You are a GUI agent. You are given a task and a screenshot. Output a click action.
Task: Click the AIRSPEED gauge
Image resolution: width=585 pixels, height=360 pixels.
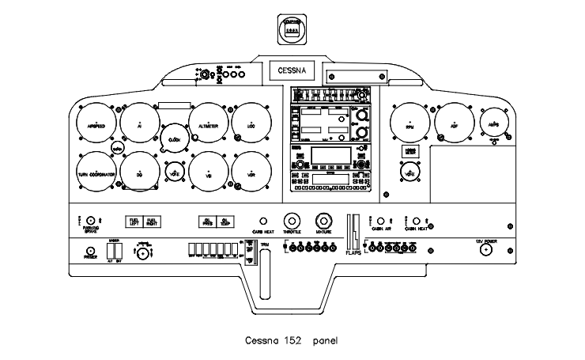click(x=98, y=125)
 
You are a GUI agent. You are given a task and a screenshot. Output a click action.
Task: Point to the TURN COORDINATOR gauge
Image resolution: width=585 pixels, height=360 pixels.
click(x=98, y=172)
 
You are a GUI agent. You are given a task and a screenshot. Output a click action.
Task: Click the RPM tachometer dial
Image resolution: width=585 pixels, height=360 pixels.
click(x=410, y=125)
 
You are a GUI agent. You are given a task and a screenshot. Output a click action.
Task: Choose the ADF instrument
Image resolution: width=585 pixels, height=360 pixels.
click(x=455, y=125)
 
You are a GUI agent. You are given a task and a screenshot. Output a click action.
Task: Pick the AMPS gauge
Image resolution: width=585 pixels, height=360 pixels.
click(x=495, y=125)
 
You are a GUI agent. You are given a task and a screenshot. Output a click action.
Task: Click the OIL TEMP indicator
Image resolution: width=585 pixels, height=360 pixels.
click(x=226, y=222)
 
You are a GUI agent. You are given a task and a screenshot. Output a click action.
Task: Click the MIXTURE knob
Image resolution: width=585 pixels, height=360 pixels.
click(x=323, y=221)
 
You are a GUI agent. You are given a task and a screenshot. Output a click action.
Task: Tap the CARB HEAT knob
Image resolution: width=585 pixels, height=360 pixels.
click(x=262, y=222)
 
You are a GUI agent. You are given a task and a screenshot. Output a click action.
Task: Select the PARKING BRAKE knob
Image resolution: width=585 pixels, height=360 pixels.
click(x=90, y=221)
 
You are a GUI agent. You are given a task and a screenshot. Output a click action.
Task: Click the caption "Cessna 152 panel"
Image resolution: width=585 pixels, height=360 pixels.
click(x=292, y=342)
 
